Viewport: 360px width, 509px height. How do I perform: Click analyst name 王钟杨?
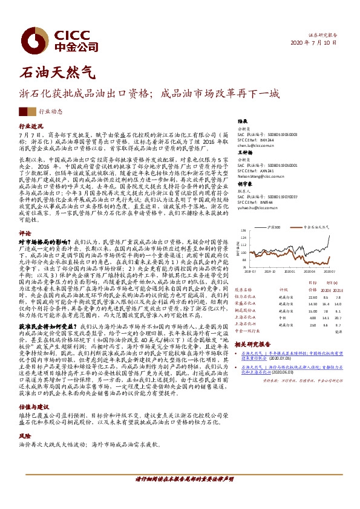(244, 154)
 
